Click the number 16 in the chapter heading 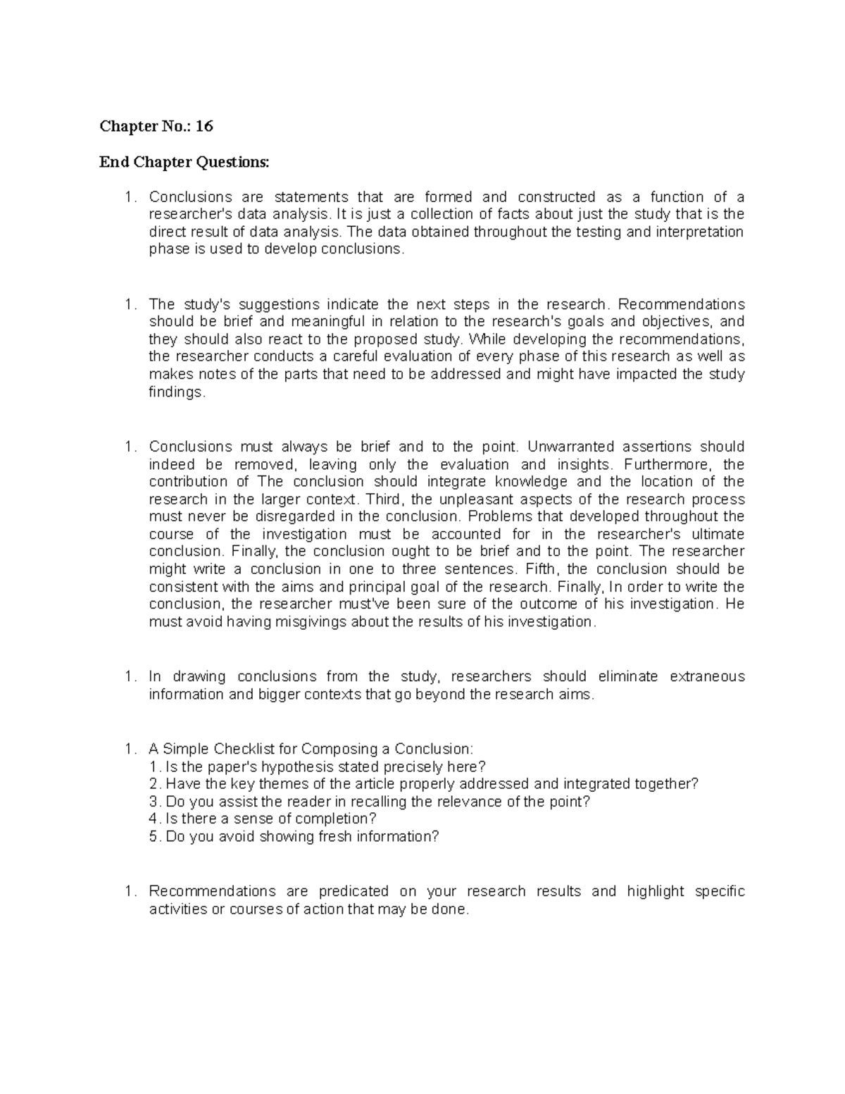(204, 127)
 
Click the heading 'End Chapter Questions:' (184, 163)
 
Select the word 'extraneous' (707, 676)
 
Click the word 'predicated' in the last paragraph (353, 891)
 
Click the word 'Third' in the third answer (383, 499)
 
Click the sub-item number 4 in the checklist (154, 819)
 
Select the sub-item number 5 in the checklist (154, 836)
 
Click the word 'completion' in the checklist (332, 819)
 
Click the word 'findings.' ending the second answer (177, 392)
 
